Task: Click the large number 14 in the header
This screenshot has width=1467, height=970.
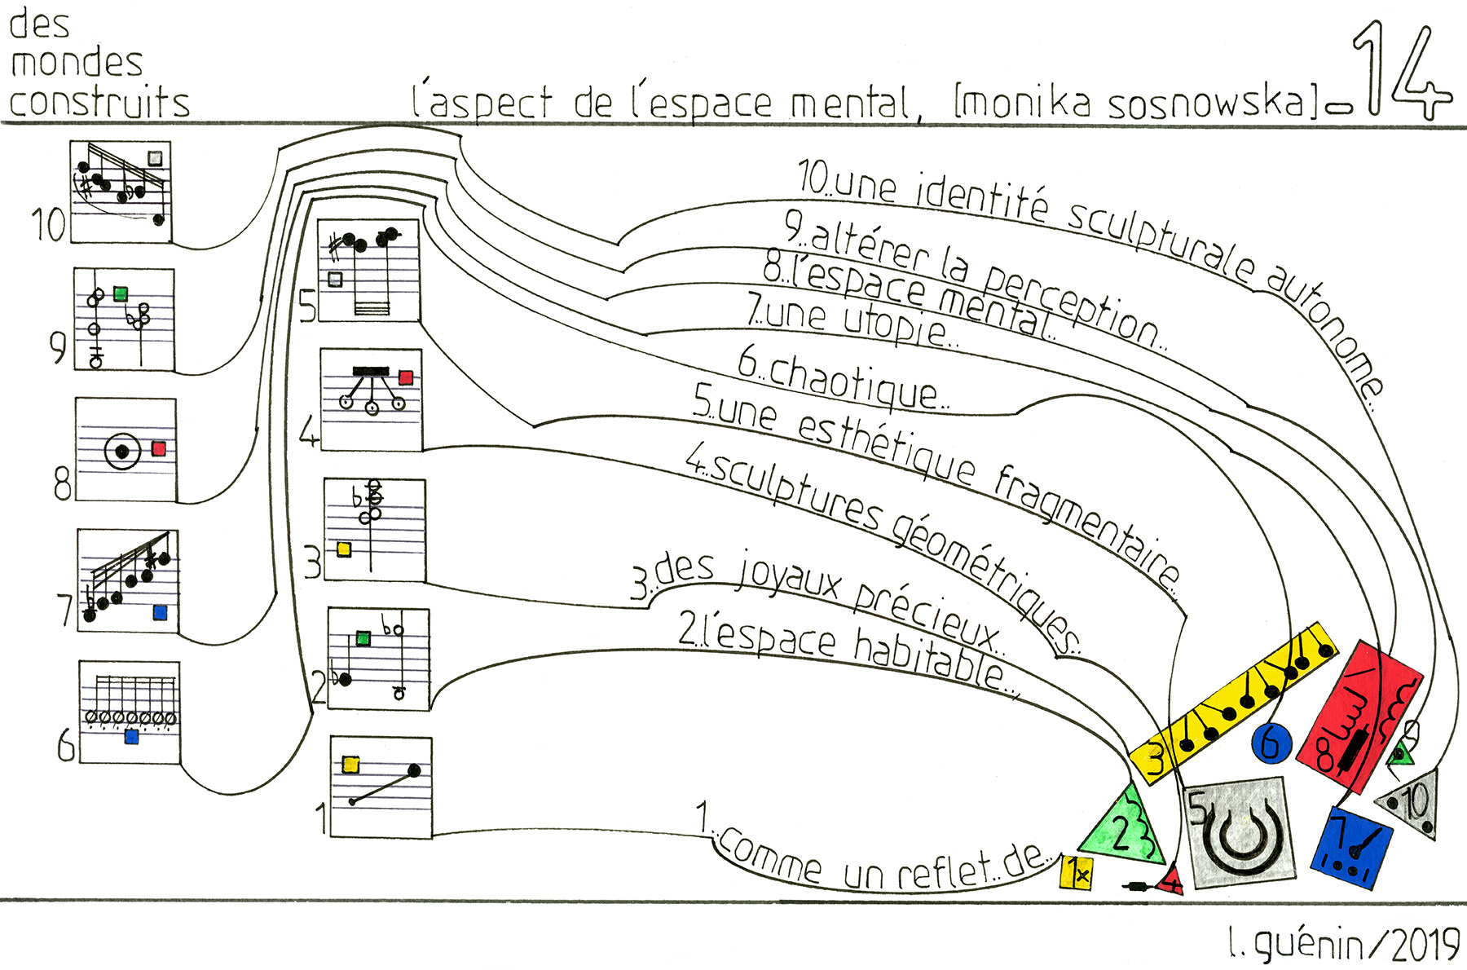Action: click(1400, 73)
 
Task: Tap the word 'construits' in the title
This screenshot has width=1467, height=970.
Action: click(99, 102)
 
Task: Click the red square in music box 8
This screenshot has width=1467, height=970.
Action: click(159, 448)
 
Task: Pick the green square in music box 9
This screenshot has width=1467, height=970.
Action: click(121, 293)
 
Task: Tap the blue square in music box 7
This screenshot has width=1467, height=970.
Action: click(160, 612)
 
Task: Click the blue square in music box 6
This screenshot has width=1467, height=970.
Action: click(131, 737)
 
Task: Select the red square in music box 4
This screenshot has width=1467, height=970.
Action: click(405, 377)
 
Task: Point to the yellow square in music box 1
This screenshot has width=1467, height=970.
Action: click(350, 764)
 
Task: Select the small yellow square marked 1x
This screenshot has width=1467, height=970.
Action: click(1076, 873)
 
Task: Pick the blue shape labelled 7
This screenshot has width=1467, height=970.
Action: click(1349, 848)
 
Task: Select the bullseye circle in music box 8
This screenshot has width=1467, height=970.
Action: click(122, 451)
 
